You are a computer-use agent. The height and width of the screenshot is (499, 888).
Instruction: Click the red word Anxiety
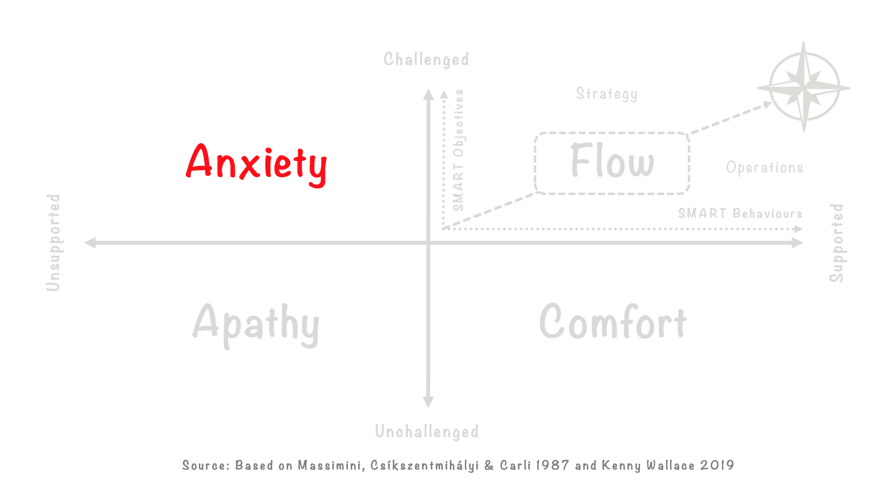[x=256, y=163]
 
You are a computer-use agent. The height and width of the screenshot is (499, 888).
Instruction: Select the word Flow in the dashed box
[x=612, y=161]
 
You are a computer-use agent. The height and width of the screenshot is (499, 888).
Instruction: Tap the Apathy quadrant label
[x=255, y=324]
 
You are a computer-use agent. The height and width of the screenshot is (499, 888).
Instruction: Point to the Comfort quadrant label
[x=613, y=322]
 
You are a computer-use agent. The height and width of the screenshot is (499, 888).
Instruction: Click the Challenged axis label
[x=426, y=60]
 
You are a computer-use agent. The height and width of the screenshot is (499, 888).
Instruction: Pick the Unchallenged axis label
[x=426, y=432]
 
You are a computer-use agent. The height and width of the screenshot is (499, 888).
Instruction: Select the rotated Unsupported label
[x=53, y=242]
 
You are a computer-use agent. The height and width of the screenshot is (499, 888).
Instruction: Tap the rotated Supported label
[x=836, y=243]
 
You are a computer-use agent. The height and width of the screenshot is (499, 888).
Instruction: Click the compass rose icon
[x=803, y=87]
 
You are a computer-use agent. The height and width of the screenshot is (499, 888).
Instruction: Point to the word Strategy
[x=606, y=94]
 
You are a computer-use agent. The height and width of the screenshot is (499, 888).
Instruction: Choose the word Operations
[x=764, y=168]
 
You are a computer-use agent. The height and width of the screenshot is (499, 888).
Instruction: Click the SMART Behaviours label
[x=740, y=213]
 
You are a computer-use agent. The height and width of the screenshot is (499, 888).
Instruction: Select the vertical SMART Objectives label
[x=458, y=150]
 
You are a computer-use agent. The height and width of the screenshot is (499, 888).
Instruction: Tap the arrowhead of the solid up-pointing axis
[x=428, y=94]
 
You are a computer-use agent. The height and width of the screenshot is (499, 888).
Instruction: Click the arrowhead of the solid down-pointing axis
[x=428, y=401]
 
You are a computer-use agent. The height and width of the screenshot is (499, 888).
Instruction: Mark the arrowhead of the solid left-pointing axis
[x=90, y=242]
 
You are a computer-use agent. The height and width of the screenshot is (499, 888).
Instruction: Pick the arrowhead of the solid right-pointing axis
[x=797, y=242]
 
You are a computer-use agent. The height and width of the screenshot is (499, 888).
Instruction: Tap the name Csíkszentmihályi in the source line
[x=424, y=466]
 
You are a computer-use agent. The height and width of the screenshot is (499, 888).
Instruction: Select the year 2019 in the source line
[x=717, y=465]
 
